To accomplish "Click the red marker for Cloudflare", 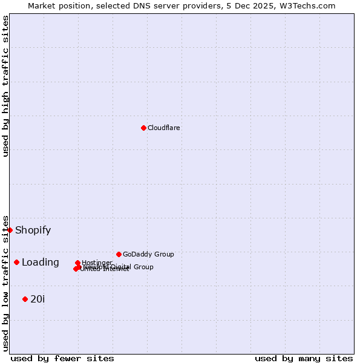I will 143,128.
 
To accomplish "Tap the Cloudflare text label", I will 164,128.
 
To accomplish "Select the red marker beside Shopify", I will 10,230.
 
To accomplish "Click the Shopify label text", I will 33,231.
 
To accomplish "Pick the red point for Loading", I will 16,262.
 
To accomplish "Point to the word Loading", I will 41,263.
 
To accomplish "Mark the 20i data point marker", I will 25,299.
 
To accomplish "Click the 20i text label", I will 38,299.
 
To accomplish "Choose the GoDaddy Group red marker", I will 119,254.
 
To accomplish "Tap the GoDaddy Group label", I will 148,255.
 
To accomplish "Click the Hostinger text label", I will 97,263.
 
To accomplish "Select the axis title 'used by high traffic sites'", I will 5,86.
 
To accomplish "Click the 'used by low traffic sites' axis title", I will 5,283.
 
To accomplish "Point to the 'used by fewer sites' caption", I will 62,359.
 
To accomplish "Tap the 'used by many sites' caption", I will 304,359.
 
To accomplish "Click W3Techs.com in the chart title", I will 307,6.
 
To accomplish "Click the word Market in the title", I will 43,6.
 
